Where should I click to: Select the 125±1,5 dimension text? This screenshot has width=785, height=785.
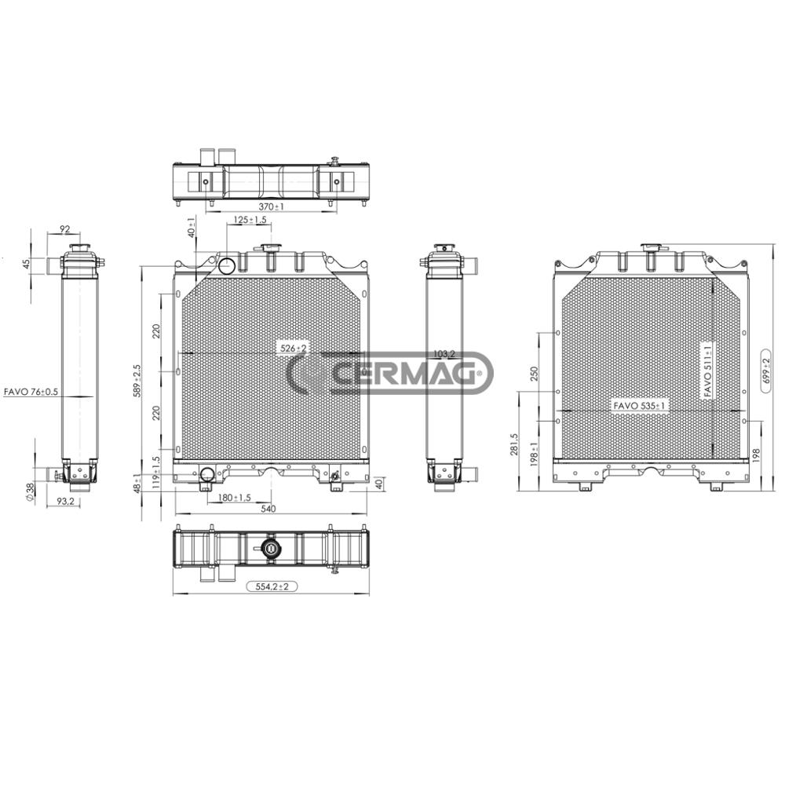pyautogui.click(x=250, y=220)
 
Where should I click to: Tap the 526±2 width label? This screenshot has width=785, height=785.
pyautogui.click(x=294, y=348)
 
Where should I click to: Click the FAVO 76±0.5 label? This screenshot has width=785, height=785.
pyautogui.click(x=31, y=392)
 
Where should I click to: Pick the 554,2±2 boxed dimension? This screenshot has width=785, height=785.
pyautogui.click(x=272, y=586)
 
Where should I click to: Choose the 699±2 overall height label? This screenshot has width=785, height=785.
pyautogui.click(x=765, y=371)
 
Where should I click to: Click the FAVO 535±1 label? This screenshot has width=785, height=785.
pyautogui.click(x=640, y=406)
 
